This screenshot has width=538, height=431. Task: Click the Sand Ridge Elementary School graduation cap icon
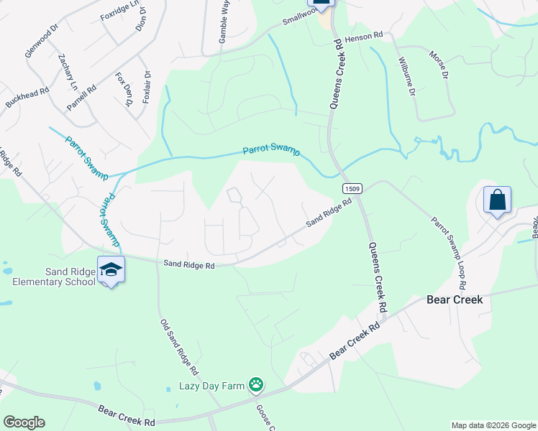111,269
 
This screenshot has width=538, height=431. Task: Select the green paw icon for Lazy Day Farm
255,385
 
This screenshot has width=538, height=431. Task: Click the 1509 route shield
352,188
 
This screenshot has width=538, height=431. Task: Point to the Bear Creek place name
455,299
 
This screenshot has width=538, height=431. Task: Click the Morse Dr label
438,65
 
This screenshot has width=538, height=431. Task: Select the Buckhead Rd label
27,98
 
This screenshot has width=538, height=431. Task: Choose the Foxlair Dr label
147,87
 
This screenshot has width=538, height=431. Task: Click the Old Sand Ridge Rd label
178,345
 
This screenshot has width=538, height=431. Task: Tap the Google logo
24,422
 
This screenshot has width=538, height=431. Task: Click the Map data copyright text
493,425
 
